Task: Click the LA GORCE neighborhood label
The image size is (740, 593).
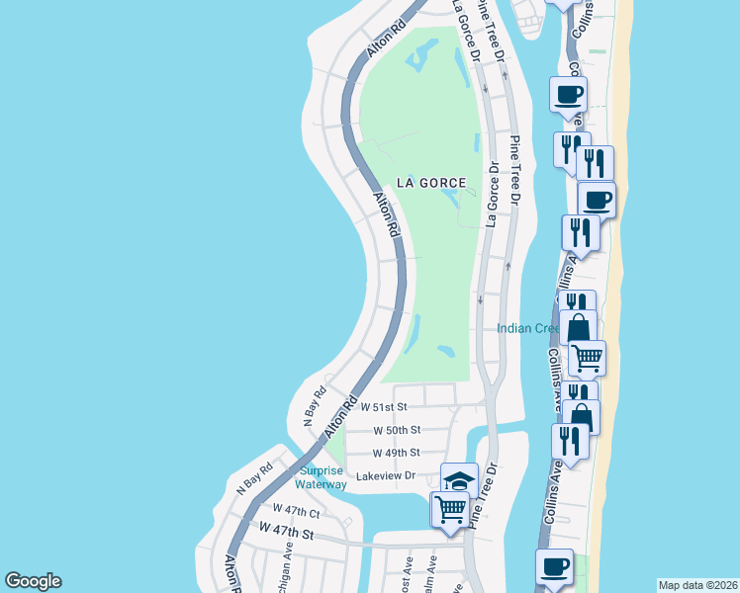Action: coord(430,182)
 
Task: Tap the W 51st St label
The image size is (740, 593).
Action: coord(384,406)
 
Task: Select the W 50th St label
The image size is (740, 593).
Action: coord(397,430)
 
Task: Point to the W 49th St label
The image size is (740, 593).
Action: coord(397,453)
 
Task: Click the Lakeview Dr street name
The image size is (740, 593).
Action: coord(388,475)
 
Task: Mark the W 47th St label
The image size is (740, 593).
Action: coord(286,533)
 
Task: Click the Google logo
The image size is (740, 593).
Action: coord(33,581)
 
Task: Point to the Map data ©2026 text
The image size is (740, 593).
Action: coord(697,585)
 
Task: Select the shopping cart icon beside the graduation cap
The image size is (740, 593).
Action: coord(450,510)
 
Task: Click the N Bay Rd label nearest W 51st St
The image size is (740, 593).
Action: coord(315,401)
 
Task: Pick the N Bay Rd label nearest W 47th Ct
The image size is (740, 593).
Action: coord(254,477)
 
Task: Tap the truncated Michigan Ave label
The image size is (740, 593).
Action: coord(286,565)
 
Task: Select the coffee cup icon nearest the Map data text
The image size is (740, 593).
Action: coord(554,567)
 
